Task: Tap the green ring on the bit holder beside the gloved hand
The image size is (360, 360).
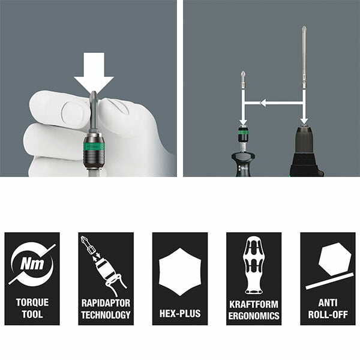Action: (94, 146)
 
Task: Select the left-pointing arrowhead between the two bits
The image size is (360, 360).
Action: (263, 103)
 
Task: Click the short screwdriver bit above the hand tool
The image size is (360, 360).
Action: (243, 80)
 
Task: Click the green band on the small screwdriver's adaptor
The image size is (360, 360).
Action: (243, 133)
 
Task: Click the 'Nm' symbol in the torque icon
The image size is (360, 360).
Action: (32, 263)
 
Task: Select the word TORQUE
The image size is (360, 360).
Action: (32, 302)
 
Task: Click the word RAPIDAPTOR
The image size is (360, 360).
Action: (106, 303)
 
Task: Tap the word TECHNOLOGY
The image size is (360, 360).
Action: (106, 314)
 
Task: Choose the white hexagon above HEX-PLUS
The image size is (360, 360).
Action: (180, 272)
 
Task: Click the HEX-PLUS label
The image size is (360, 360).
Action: (180, 313)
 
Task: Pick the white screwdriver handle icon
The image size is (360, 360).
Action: (253, 265)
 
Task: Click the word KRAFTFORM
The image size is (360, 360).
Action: (254, 304)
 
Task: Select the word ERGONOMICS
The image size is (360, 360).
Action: (254, 316)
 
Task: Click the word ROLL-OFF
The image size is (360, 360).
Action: (328, 314)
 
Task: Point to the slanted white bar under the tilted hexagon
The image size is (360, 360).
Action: (330, 281)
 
